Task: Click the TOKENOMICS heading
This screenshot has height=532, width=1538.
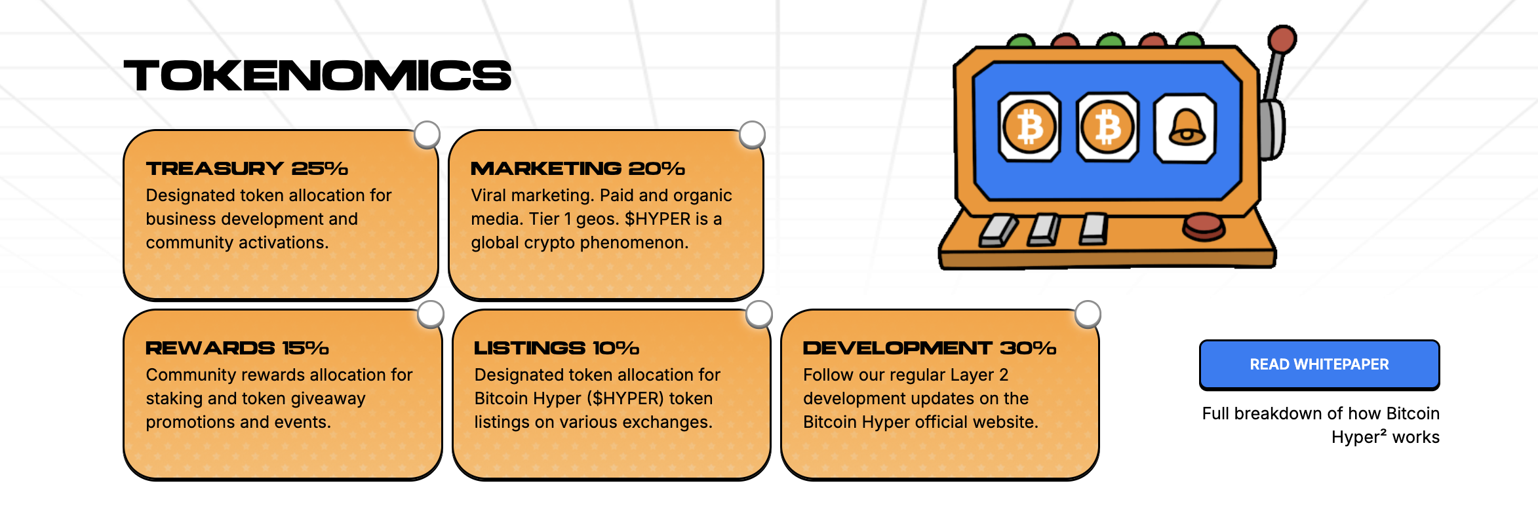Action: (x=317, y=75)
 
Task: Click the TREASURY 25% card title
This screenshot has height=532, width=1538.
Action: (x=246, y=168)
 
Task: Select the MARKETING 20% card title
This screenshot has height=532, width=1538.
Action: (x=578, y=168)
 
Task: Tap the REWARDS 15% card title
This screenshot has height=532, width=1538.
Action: (x=237, y=348)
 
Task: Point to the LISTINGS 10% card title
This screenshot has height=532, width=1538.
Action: (x=556, y=348)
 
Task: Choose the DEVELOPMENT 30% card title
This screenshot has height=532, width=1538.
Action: (x=929, y=348)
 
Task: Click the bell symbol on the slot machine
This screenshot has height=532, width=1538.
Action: (x=1186, y=128)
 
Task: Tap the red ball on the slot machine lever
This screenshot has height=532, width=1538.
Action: (x=1282, y=39)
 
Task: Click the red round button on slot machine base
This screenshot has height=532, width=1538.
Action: (x=1203, y=225)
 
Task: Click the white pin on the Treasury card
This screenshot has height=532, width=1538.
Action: (x=427, y=134)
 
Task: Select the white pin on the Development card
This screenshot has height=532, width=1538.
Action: (x=1088, y=314)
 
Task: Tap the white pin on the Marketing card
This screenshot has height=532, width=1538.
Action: (x=752, y=134)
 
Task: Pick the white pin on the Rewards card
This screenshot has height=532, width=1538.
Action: (x=431, y=314)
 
